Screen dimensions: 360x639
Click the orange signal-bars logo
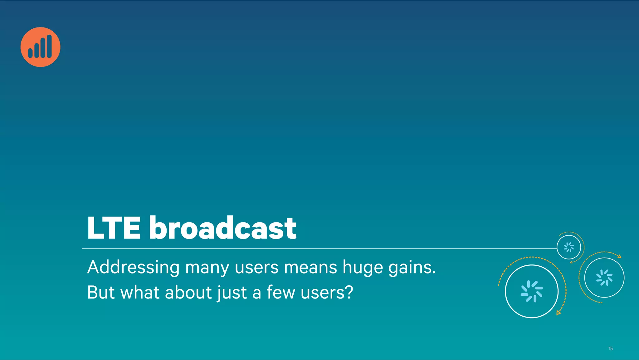40,47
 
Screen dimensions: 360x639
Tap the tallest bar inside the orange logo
49,46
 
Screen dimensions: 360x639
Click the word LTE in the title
114,228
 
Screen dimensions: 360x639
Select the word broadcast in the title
222,228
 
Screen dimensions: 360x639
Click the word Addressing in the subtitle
133,268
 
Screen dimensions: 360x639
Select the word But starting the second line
101,293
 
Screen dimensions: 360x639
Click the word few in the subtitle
280,293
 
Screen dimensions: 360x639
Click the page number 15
611,348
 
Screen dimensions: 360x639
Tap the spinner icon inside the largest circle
532,291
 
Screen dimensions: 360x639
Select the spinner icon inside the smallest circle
569,247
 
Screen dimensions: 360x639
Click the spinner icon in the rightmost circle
604,278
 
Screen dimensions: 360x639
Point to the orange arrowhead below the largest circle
559,312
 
